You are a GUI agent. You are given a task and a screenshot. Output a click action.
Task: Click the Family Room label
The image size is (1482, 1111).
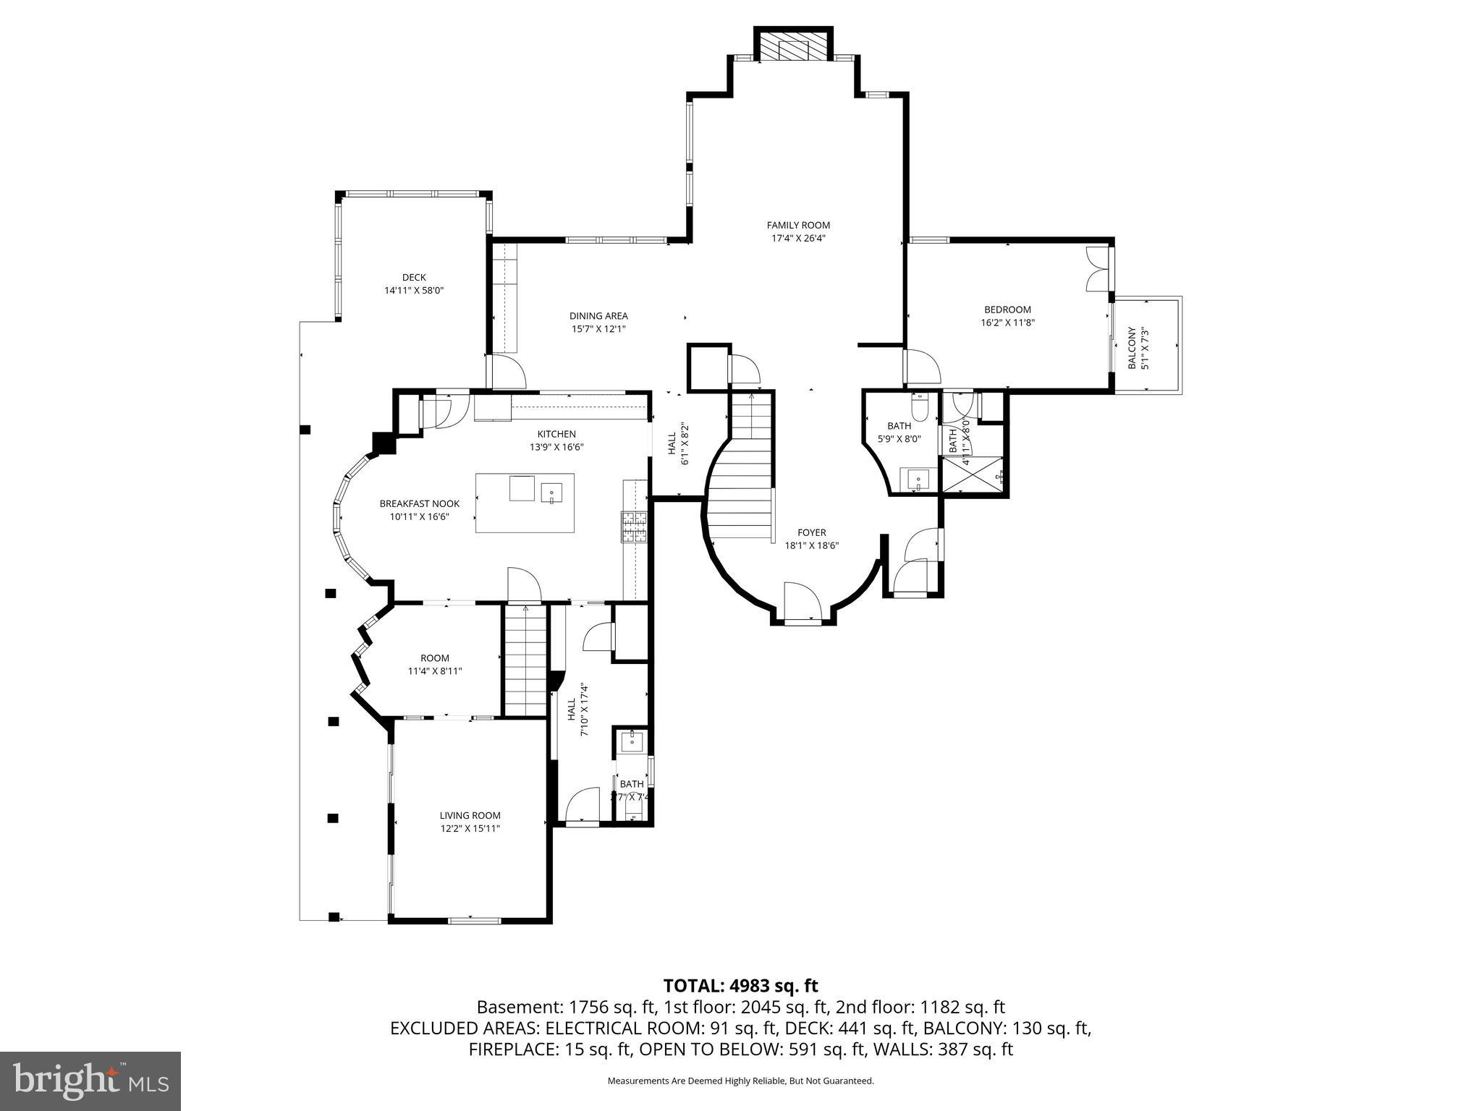coord(798,225)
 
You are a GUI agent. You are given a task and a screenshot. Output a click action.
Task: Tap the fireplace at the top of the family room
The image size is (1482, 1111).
coord(793,48)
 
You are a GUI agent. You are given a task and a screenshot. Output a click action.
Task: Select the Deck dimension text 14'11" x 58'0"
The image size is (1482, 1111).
coord(413,291)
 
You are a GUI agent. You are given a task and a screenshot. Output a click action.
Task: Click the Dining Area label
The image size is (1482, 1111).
coord(598,316)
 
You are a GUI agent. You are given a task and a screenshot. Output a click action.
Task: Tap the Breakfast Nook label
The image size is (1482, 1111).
coord(419,503)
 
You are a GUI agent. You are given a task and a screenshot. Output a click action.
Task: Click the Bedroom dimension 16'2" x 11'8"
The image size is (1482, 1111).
coord(1007,323)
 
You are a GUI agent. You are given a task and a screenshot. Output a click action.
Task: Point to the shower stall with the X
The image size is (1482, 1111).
coord(973,475)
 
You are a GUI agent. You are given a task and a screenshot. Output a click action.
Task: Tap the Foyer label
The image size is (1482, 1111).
coord(811,532)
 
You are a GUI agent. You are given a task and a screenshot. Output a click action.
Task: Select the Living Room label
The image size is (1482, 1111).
coord(470,815)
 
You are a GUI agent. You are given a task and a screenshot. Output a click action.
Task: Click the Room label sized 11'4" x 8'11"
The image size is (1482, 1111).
coord(434,657)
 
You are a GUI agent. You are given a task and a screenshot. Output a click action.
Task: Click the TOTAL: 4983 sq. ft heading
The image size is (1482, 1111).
coord(740,985)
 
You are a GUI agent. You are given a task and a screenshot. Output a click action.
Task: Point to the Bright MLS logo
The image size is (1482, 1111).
coord(90,1081)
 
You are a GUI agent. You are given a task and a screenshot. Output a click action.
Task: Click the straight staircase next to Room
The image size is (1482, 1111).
coord(525,662)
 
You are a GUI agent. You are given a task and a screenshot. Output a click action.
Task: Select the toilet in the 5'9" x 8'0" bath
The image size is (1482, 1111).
coord(920,409)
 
